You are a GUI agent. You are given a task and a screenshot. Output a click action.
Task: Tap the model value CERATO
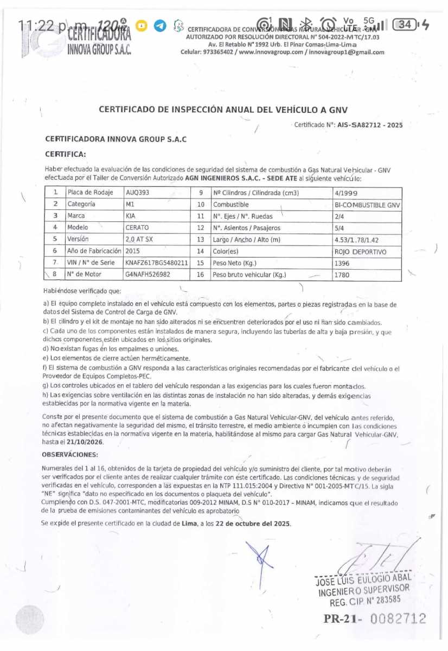(x=137, y=227)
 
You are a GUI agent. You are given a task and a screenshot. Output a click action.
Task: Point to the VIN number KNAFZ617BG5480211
(x=157, y=263)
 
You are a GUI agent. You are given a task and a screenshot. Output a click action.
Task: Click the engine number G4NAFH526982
(x=148, y=275)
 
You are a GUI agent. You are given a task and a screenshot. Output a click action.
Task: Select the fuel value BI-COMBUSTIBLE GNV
(x=367, y=205)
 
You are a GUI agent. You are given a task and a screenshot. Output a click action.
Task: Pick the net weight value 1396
(x=342, y=263)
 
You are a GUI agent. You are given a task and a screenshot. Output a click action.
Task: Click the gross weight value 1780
(x=342, y=275)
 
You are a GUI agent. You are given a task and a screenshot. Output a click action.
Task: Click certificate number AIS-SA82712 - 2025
(x=370, y=125)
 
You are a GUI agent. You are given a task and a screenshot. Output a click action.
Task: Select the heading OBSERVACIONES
(x=70, y=455)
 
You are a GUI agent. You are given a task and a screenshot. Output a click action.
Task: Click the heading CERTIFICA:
(x=65, y=154)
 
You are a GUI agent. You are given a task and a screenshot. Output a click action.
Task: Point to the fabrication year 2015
(x=132, y=251)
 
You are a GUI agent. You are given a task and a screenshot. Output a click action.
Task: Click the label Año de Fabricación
(x=94, y=251)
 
